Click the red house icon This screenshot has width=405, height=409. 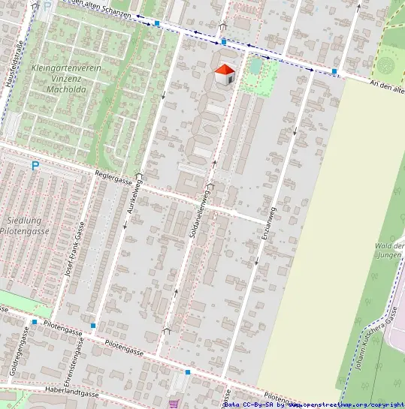coord(224,75)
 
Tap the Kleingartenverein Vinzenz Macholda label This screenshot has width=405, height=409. coord(67,78)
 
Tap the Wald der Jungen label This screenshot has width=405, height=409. coord(391,251)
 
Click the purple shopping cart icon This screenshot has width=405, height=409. coord(174,402)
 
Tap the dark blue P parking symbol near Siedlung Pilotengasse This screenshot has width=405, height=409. coord(35,165)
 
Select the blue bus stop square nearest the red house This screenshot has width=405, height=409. coord(223,41)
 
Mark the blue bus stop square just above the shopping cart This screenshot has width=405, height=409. coord(187,371)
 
